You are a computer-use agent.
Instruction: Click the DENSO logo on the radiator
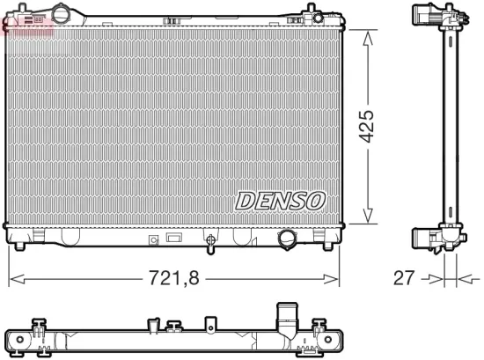click(x=280, y=202)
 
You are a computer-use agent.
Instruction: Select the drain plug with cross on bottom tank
click(x=209, y=239)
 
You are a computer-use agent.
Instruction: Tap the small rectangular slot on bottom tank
click(x=173, y=237)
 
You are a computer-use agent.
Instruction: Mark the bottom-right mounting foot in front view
click(x=314, y=236)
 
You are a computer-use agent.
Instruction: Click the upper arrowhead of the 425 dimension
click(x=367, y=34)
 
